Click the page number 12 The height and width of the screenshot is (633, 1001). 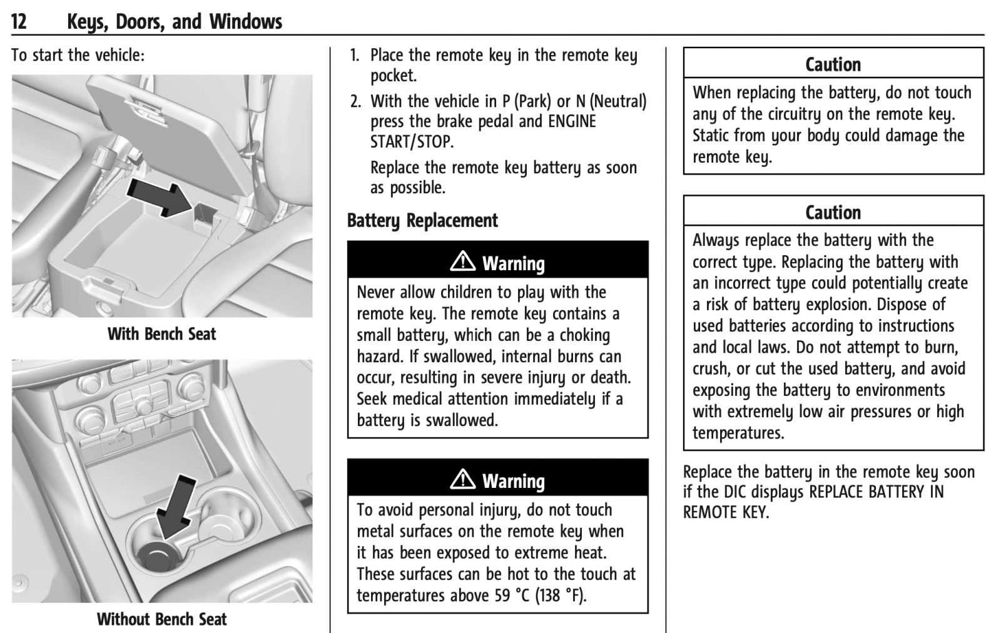point(19,21)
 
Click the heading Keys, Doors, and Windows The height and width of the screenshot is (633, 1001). point(175,22)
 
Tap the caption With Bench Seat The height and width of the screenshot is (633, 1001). point(161,333)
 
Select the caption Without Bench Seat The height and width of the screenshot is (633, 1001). point(161,619)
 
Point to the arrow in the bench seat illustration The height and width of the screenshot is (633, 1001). point(160,198)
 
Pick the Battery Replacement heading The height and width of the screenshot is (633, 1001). point(422,221)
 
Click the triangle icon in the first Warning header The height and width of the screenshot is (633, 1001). point(462,261)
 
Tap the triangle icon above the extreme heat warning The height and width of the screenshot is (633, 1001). point(462,479)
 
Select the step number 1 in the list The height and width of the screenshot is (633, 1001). point(354,56)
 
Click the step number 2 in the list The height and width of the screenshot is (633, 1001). point(355,101)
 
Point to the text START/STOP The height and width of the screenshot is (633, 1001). point(412,142)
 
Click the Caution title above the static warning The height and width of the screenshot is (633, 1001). point(833,65)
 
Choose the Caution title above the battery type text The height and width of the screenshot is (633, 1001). point(833,213)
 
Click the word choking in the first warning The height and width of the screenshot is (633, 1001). point(584,335)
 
